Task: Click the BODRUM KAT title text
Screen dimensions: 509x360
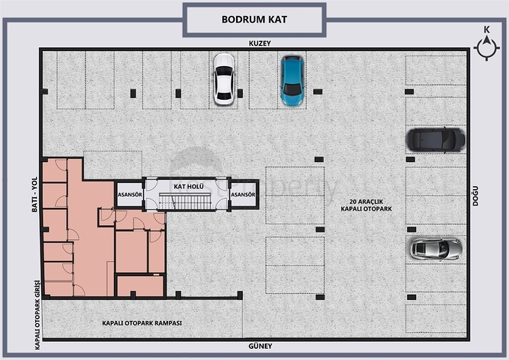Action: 254,19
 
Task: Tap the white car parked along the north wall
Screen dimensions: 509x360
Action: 223,79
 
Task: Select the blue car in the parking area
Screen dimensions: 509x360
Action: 292,80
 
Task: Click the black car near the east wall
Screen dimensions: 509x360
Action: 436,139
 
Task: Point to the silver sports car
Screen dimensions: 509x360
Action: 436,249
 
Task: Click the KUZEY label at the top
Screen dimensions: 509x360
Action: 259,43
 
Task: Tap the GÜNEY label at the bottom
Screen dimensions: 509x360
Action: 260,346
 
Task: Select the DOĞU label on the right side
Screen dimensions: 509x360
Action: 475,196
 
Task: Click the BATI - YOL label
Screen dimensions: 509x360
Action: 34,194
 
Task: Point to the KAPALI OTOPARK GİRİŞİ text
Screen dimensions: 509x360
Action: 37,315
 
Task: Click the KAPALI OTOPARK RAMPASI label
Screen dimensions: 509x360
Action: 142,323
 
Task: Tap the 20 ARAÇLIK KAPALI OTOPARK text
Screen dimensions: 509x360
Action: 366,205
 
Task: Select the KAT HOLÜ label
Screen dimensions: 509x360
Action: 189,187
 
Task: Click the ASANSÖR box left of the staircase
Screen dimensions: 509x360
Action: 130,194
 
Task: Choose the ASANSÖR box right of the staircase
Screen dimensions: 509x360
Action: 243,194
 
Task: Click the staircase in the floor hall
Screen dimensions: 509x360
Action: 185,202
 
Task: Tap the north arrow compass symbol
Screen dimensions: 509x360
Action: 487,48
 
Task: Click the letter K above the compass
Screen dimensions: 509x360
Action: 487,29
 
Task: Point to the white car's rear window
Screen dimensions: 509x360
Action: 224,96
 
